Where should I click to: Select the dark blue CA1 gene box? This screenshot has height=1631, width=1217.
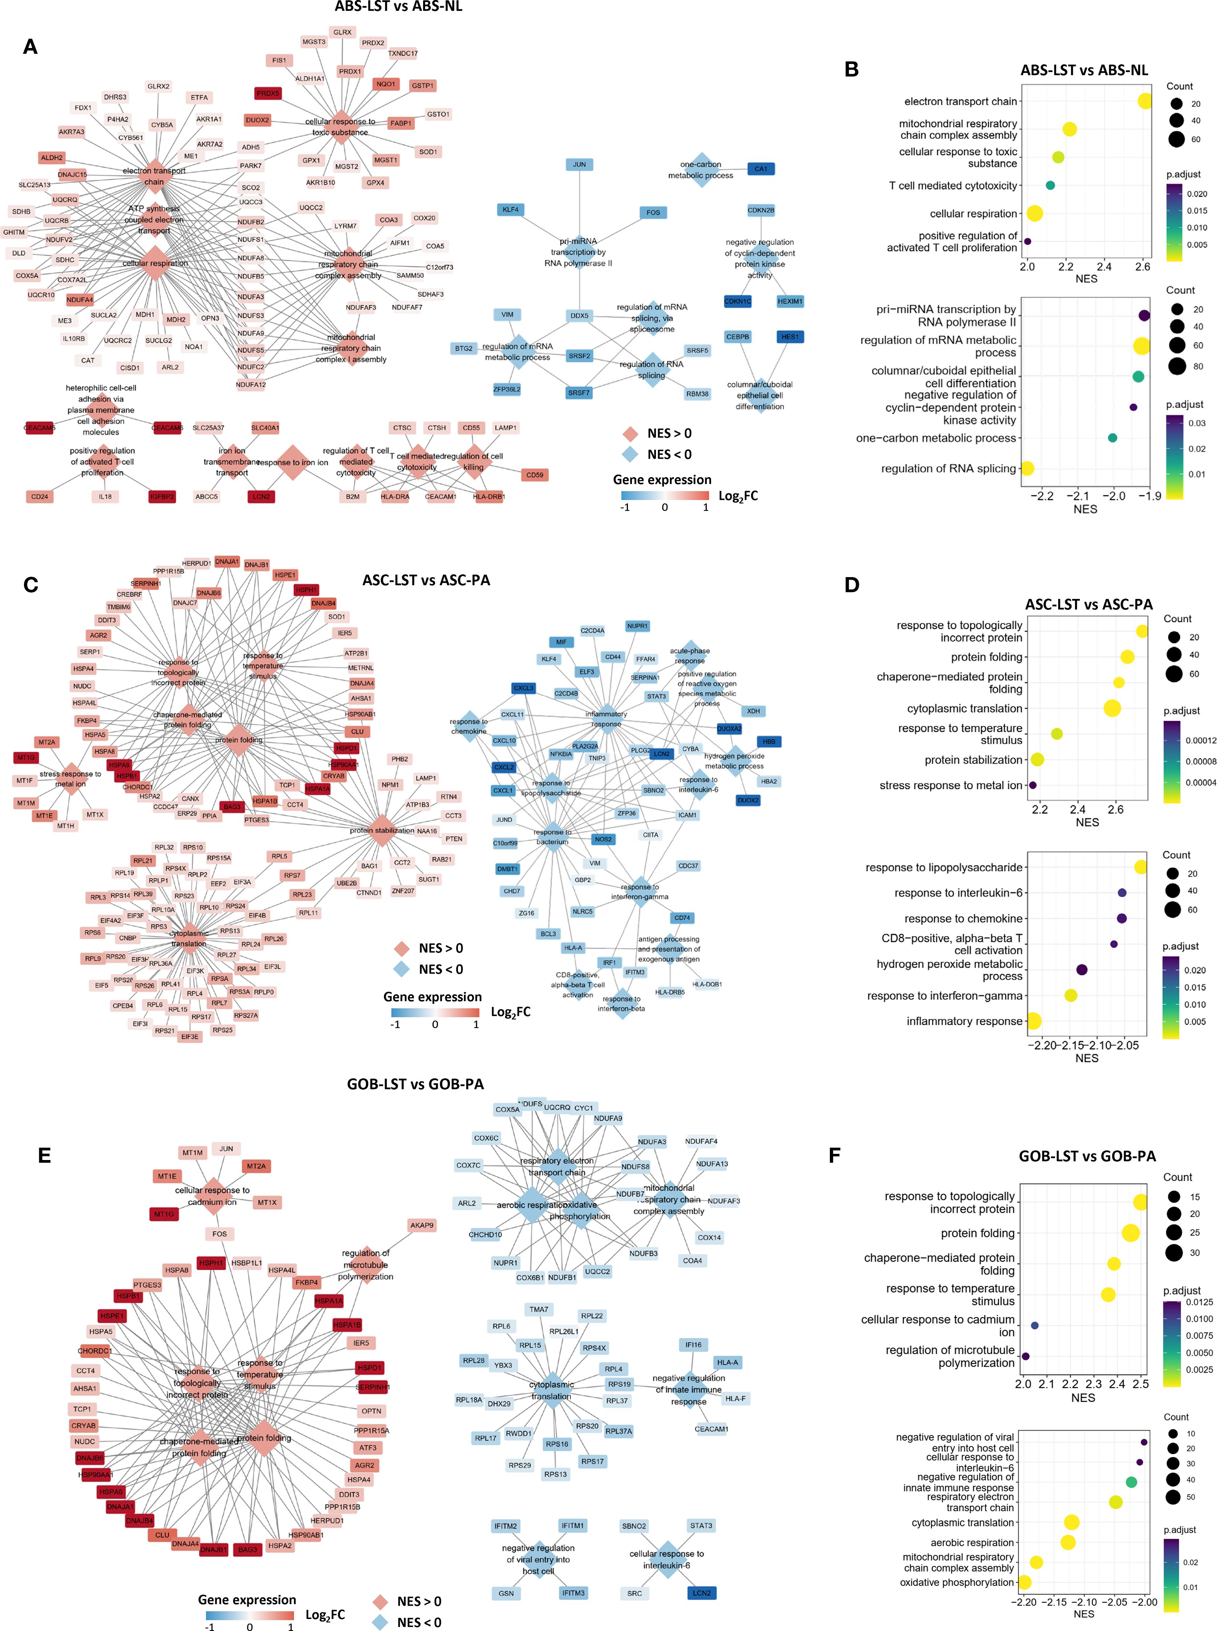(760, 169)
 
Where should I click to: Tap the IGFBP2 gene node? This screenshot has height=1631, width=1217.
(162, 497)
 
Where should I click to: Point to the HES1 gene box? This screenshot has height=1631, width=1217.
(790, 337)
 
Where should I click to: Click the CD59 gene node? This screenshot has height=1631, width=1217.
(535, 475)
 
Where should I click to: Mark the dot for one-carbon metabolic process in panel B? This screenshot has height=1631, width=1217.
(1112, 438)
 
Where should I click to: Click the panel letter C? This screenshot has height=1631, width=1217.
(30, 584)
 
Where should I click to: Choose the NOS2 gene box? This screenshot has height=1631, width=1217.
(603, 839)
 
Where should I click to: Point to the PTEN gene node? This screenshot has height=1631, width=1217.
(454, 839)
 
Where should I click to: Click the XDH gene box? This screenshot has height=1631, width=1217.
(753, 711)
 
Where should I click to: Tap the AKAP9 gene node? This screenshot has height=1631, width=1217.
(421, 1225)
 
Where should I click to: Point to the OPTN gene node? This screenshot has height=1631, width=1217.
(371, 1411)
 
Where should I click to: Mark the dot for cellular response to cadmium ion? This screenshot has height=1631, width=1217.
(1034, 1325)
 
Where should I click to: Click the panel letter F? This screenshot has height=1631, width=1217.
(834, 1155)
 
